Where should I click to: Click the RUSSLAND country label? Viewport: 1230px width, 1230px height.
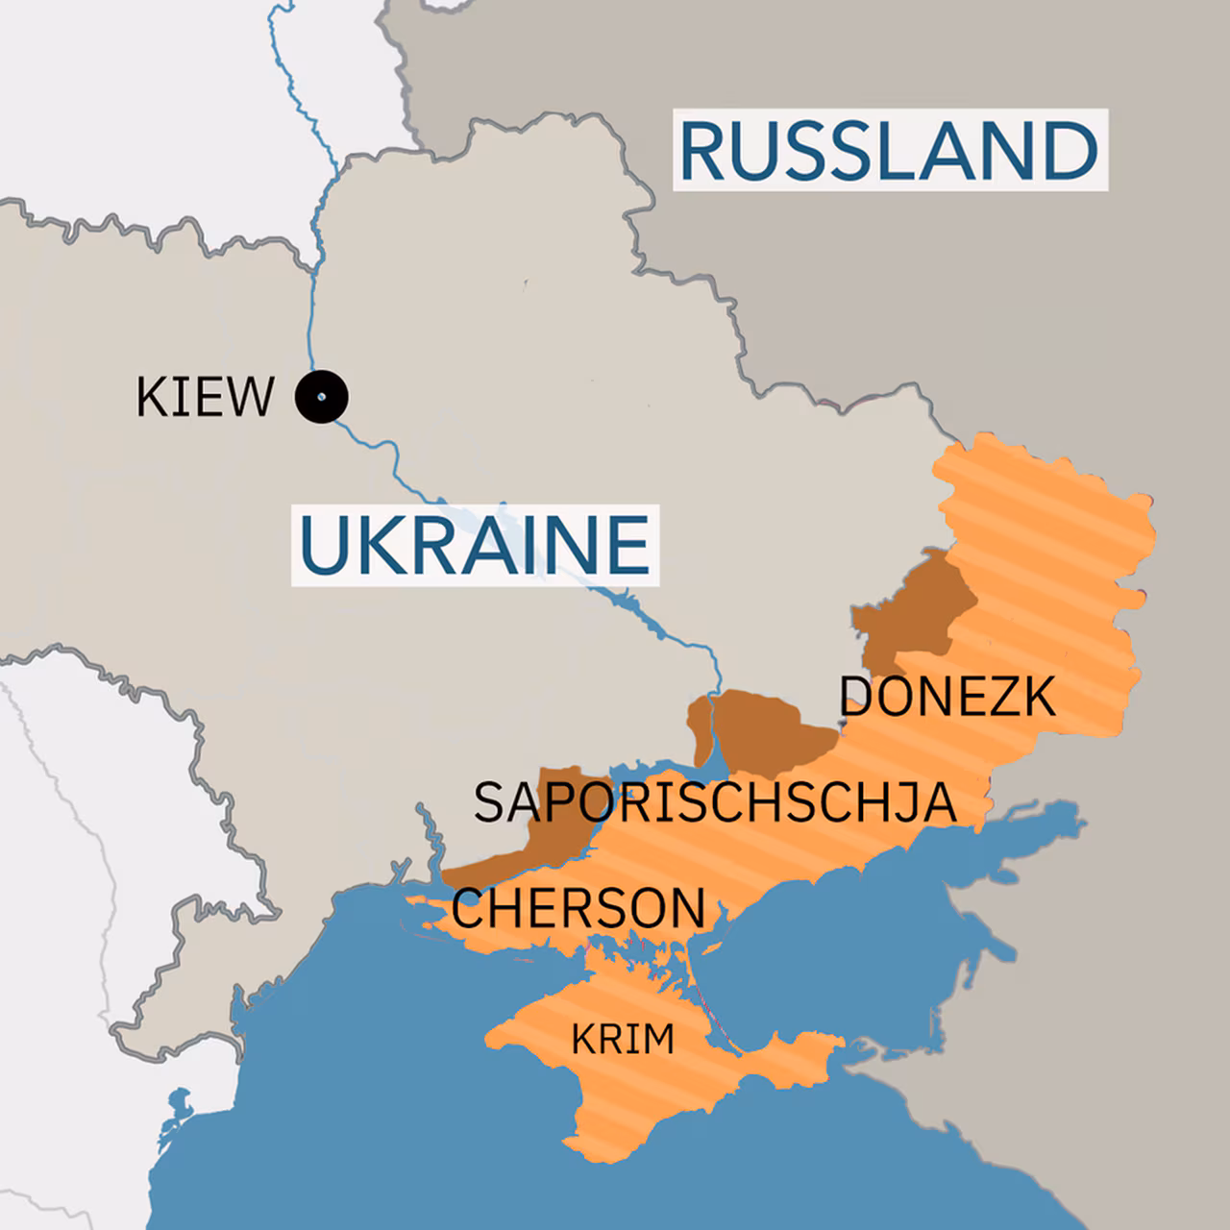point(888,150)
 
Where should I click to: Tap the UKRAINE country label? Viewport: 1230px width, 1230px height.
point(475,545)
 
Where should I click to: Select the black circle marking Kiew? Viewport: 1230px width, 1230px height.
point(321,396)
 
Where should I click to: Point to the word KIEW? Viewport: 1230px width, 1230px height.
point(205,397)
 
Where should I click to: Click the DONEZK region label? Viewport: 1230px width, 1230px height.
point(947,696)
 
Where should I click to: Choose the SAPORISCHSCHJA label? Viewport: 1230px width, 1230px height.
point(715,802)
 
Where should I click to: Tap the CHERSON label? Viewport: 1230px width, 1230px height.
point(578,908)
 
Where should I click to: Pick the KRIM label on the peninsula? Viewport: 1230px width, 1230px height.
point(623,1039)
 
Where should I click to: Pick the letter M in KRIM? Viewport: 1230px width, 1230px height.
point(658,1039)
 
